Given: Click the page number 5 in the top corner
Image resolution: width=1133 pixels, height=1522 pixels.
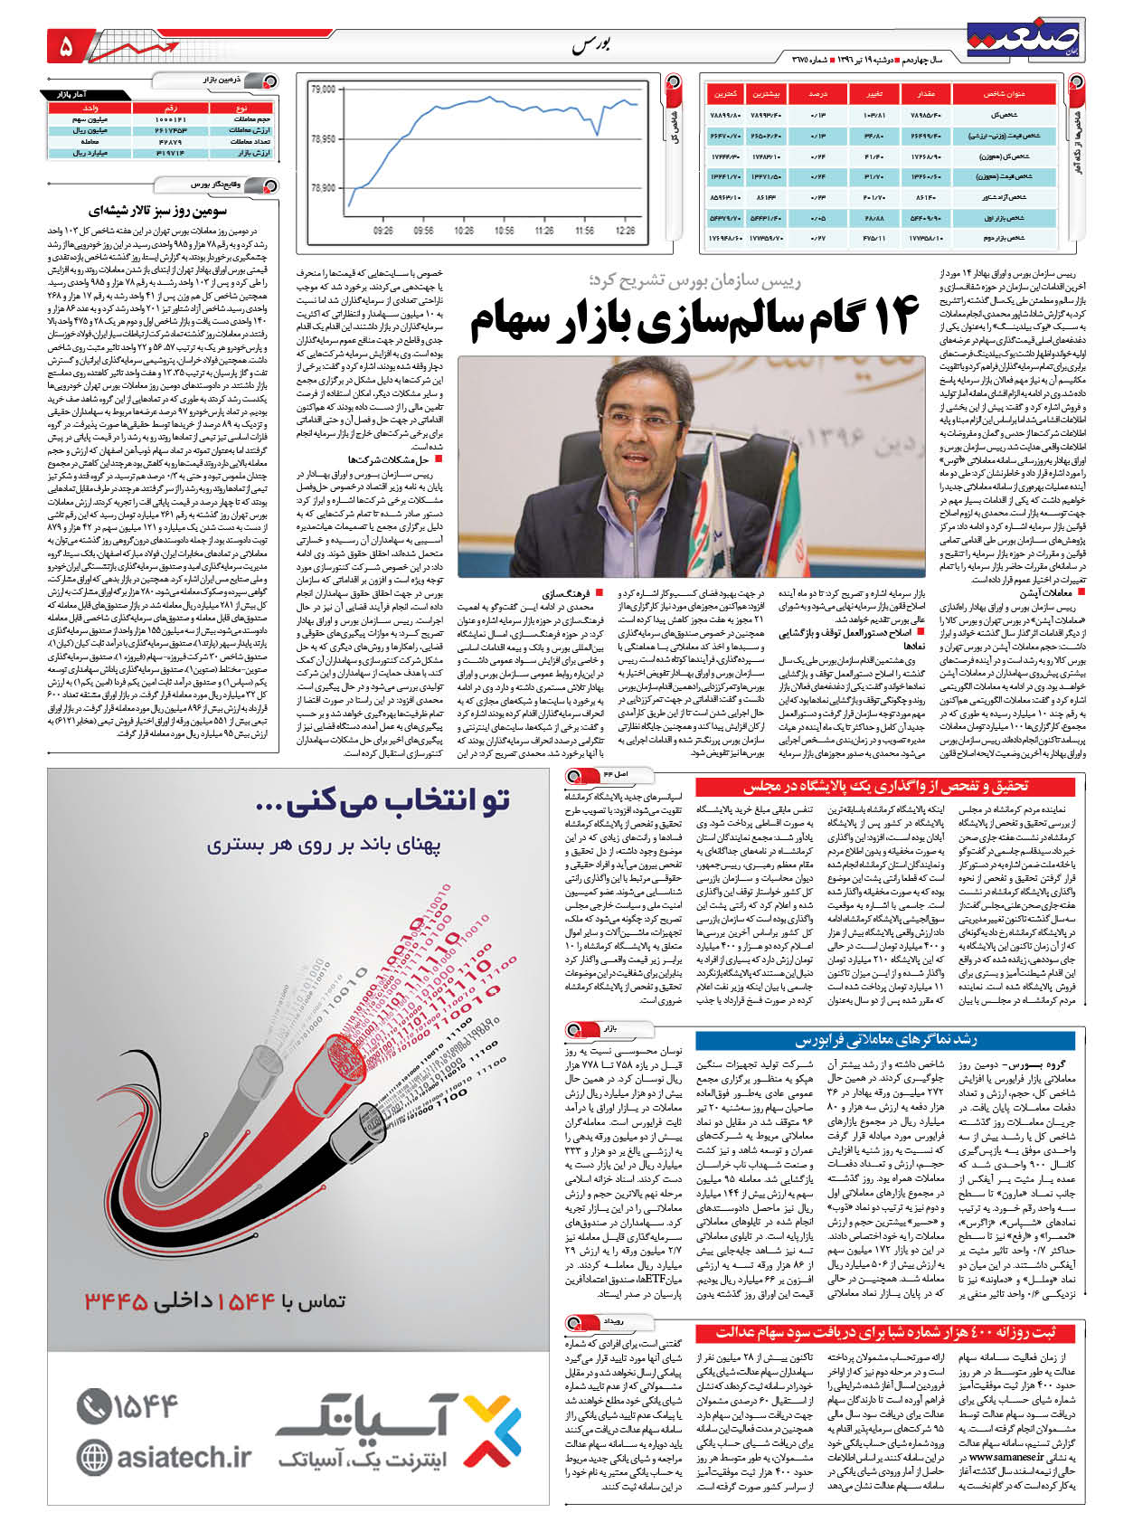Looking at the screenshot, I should click(65, 45).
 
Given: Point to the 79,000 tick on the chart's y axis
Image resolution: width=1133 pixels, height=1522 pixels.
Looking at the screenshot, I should click(323, 90).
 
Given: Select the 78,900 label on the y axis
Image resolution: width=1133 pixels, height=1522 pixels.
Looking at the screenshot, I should click(323, 188).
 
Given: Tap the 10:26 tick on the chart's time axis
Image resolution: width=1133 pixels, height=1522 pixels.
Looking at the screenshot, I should click(464, 231).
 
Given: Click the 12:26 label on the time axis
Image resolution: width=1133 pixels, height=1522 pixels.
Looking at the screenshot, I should click(625, 231).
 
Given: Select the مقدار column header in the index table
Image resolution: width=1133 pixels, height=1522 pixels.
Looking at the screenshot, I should click(931, 94).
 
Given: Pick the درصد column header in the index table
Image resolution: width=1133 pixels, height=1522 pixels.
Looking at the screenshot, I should click(818, 94).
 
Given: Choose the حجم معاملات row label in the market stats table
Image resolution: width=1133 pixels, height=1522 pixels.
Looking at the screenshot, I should click(252, 119).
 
